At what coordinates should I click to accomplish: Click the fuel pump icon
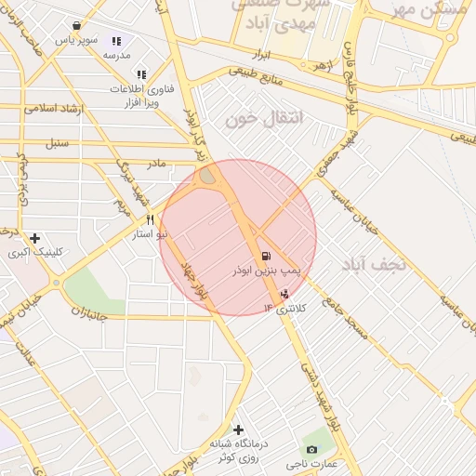(267, 257)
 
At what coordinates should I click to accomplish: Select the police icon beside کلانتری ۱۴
(284, 292)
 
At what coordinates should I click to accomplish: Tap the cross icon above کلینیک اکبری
(35, 238)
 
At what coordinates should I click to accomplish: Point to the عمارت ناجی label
(312, 463)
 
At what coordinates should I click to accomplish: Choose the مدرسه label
(116, 56)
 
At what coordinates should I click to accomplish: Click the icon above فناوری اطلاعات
(141, 74)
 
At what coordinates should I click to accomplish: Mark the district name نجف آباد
(376, 264)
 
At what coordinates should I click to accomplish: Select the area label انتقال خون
(253, 119)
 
